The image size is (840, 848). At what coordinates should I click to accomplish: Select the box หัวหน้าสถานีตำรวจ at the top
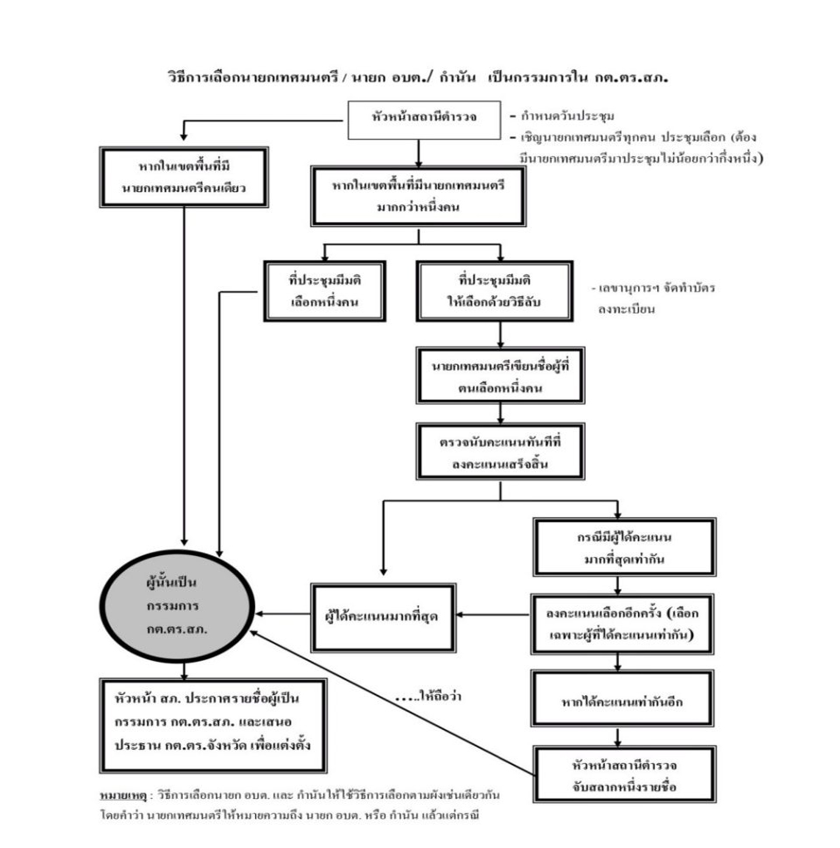[x=418, y=117]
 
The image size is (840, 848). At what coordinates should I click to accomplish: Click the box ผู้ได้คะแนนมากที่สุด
[x=386, y=616]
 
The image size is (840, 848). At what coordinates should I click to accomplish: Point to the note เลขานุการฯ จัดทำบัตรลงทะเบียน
[x=654, y=298]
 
